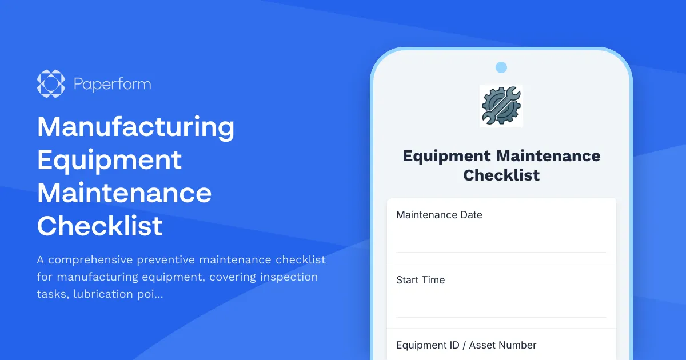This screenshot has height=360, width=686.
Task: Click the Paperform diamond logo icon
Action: pyautogui.click(x=51, y=84)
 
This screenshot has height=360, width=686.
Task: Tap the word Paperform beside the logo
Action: pyautogui.click(x=112, y=85)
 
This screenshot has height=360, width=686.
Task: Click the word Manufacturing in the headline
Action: pyautogui.click(x=135, y=127)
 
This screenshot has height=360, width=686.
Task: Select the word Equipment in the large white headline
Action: pyautogui.click(x=109, y=160)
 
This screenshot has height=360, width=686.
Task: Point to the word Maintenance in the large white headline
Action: pyautogui.click(x=124, y=193)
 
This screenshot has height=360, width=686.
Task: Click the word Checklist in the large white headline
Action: pyautogui.click(x=100, y=226)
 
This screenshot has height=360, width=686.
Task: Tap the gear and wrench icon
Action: pyautogui.click(x=501, y=105)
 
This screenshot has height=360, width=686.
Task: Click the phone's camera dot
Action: pyautogui.click(x=501, y=67)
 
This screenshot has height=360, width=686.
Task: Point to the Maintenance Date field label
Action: pyautogui.click(x=439, y=215)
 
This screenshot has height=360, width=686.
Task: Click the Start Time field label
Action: pyautogui.click(x=420, y=280)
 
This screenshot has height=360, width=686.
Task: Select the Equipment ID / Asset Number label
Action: pyautogui.click(x=466, y=345)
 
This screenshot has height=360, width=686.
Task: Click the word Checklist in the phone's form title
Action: pyautogui.click(x=501, y=175)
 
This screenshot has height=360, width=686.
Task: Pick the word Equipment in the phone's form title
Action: pyautogui.click(x=446, y=156)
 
